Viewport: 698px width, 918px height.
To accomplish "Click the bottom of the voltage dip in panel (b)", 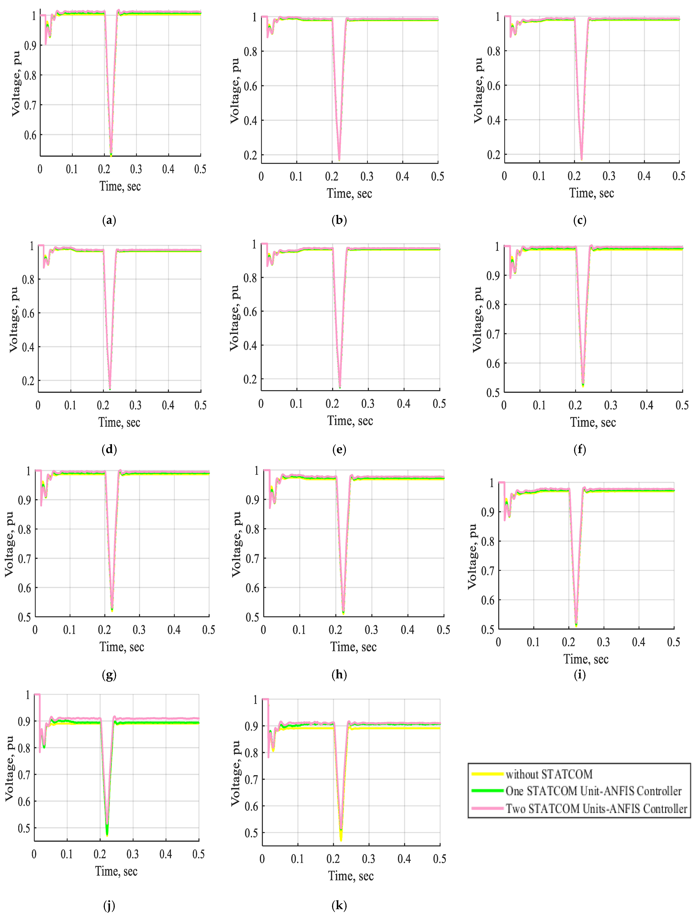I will tap(339, 159).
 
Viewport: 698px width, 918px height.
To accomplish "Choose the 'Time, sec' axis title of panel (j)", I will tap(116, 871).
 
